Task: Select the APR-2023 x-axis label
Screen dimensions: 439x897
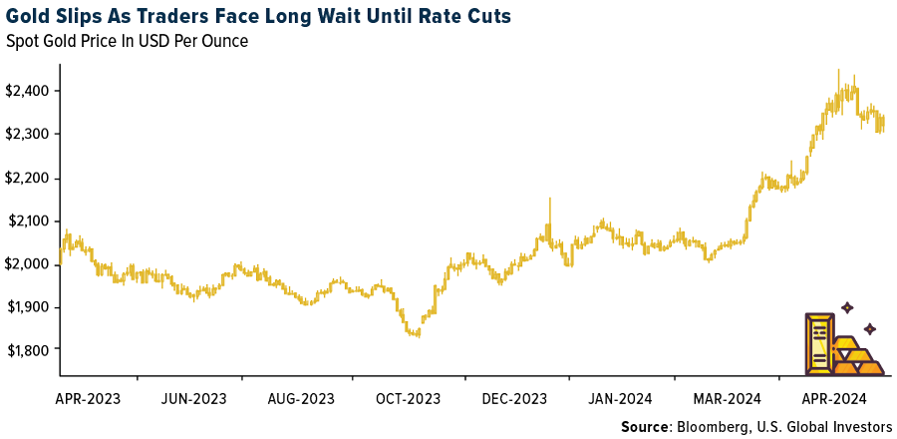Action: point(88,399)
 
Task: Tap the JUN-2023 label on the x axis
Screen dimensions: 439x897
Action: point(193,399)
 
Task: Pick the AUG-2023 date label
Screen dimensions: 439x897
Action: point(300,399)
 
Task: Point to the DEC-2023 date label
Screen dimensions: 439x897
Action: point(513,399)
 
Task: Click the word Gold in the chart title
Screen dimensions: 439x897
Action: point(30,17)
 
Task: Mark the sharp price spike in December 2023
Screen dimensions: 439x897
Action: point(549,200)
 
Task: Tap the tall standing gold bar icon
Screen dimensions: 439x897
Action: point(818,344)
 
